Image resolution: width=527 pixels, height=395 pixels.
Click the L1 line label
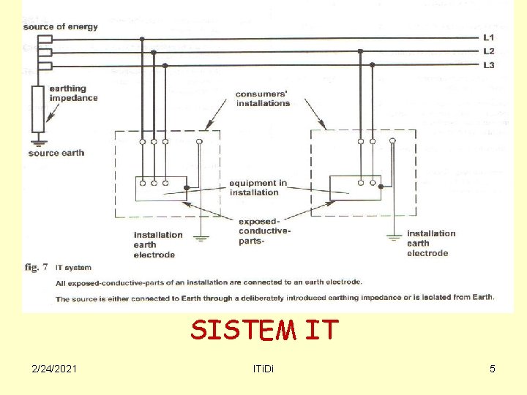pyautogui.click(x=488, y=37)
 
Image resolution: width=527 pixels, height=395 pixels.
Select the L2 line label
pyautogui.click(x=488, y=51)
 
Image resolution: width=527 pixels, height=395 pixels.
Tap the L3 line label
pyautogui.click(x=488, y=65)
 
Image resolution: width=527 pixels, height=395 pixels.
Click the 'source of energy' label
pyautogui.click(x=60, y=27)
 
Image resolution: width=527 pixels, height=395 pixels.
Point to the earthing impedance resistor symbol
pyautogui.click(x=38, y=108)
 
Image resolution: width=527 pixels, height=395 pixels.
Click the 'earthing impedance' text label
pyautogui.click(x=73, y=94)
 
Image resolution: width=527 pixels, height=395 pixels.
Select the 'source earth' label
pyautogui.click(x=56, y=153)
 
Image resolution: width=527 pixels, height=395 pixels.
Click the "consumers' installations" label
pyautogui.click(x=263, y=99)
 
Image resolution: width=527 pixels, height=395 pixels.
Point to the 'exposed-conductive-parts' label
pyautogui.click(x=265, y=230)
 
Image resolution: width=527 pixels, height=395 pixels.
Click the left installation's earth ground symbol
pyautogui.click(x=200, y=236)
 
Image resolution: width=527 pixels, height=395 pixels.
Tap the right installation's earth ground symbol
pyautogui.click(x=394, y=237)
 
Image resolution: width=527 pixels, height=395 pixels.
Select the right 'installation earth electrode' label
pyautogui.click(x=430, y=244)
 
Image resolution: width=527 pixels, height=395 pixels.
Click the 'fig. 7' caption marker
pyautogui.click(x=36, y=267)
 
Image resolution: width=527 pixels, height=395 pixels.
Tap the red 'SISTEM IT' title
pyautogui.click(x=264, y=331)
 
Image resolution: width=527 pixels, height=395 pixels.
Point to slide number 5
pyautogui.click(x=493, y=369)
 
